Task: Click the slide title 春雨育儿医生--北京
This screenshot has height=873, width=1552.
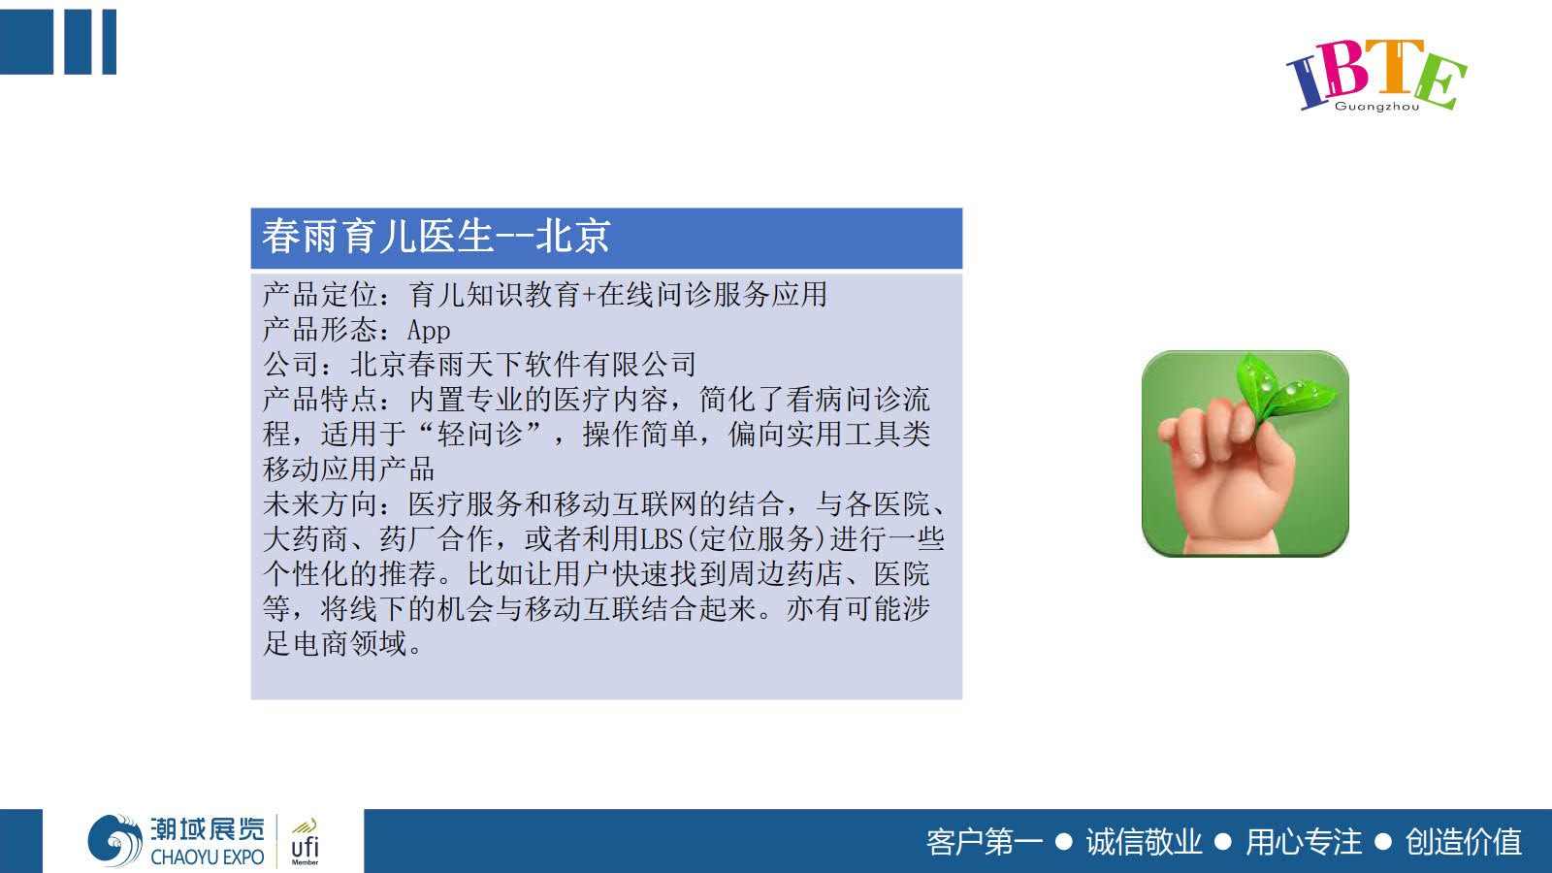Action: tap(436, 237)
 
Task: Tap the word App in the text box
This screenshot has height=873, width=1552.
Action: tap(429, 331)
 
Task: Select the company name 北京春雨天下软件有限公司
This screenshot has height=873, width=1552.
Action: tap(523, 365)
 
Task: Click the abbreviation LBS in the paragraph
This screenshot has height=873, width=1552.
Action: tap(662, 538)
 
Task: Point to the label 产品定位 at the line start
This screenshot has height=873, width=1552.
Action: tap(320, 295)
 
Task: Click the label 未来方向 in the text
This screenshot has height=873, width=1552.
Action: tap(320, 503)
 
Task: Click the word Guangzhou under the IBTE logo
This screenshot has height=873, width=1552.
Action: tap(1376, 106)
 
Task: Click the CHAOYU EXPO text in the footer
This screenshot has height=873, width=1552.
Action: tap(208, 857)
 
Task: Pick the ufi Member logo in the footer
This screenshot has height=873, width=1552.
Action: tap(305, 842)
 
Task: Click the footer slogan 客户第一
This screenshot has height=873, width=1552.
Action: tap(985, 843)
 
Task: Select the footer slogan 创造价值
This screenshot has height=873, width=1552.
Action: tap(1464, 843)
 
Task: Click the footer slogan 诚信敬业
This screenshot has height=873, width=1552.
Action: tap(1144, 843)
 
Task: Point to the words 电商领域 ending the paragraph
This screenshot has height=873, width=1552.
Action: tap(350, 644)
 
